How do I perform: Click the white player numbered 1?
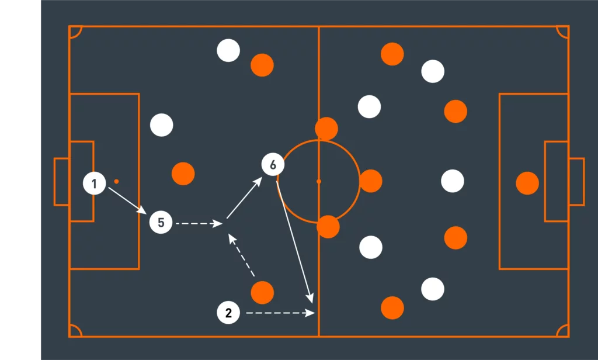coord(94,184)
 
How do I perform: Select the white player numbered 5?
coord(161,222)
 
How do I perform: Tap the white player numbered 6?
coord(273,165)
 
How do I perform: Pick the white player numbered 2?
coord(228,313)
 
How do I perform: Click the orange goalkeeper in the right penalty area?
coord(527,184)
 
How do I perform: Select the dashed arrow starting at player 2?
coord(281,313)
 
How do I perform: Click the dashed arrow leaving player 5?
coord(199,223)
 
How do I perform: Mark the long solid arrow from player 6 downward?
coord(295,242)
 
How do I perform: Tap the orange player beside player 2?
coord(262,293)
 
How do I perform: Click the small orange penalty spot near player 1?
coord(116,181)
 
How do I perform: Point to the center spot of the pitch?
coord(319,181)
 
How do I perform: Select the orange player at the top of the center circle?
coord(326,129)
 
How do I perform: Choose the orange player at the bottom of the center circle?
coord(328,227)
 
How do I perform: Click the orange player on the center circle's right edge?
coord(371,181)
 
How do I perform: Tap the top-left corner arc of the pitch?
coord(75,32)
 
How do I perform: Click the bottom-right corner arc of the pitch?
coord(562,331)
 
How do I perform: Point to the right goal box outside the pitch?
coord(576,182)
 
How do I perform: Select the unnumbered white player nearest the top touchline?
coord(228,50)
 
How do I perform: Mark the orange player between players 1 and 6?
coord(183,174)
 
